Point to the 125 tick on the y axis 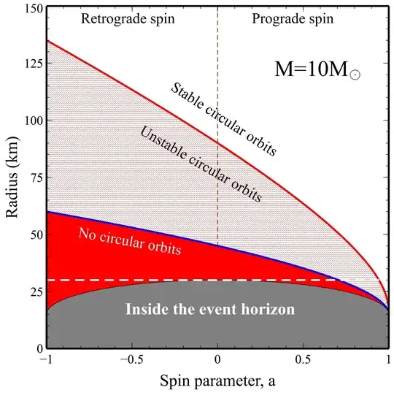(x=28, y=64)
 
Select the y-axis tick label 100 (x=28, y=121)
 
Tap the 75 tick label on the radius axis (x=31, y=178)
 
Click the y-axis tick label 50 (x=31, y=234)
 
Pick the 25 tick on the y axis (x=31, y=291)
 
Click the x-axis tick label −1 (x=47, y=360)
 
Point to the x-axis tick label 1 (x=387, y=360)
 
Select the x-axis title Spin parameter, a (x=217, y=380)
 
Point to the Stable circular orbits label (x=223, y=119)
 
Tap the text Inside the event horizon (x=210, y=310)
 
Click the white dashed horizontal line (x=182, y=280)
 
